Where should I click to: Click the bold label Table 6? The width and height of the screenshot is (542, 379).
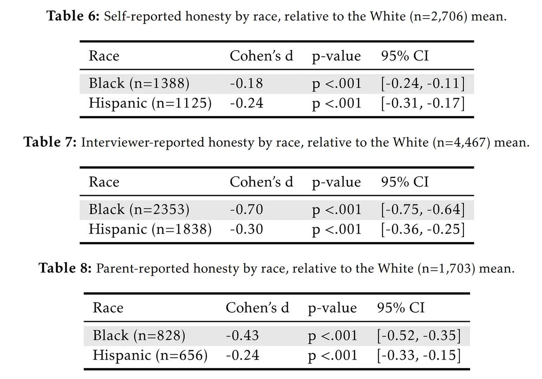(x=73, y=16)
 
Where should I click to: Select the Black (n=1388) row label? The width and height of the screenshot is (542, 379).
(x=139, y=84)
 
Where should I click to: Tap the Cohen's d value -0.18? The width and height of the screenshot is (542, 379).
(x=246, y=84)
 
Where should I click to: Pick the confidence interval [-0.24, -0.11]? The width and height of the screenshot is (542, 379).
(x=423, y=84)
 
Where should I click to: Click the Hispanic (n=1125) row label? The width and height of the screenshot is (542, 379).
(x=150, y=103)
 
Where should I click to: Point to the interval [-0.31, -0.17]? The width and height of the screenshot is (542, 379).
(x=423, y=103)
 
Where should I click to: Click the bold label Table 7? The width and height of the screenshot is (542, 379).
(x=50, y=142)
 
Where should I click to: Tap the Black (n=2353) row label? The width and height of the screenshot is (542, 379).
(x=139, y=210)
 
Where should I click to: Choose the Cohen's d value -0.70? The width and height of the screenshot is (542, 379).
(x=246, y=210)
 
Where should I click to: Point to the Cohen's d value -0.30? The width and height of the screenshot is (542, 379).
(x=246, y=229)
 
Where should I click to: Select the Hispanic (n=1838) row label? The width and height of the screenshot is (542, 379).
(x=150, y=229)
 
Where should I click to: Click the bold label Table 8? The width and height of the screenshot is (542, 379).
(x=65, y=268)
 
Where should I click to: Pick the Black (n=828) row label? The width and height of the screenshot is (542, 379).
(x=139, y=336)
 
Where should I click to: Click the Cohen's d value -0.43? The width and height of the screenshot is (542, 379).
(x=243, y=336)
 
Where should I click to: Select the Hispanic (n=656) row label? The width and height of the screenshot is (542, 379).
(x=150, y=356)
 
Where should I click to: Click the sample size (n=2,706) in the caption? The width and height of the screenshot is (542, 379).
(x=439, y=17)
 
